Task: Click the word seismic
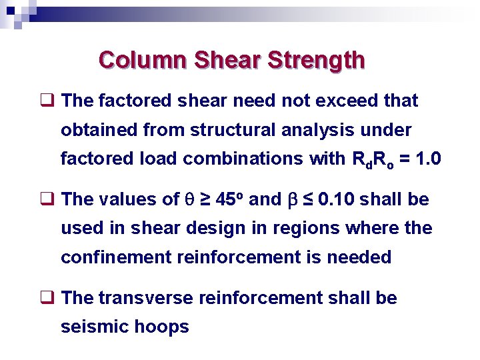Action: point(89,327)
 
